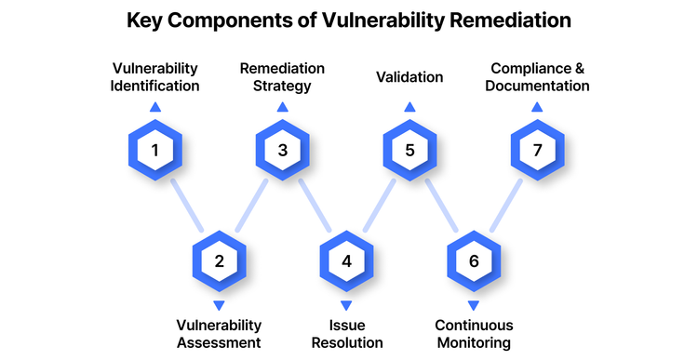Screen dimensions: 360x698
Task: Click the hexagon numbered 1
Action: click(x=154, y=150)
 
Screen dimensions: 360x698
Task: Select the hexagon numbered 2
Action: click(x=219, y=261)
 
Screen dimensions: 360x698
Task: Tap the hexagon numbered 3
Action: click(x=282, y=150)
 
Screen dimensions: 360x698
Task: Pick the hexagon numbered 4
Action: click(x=346, y=261)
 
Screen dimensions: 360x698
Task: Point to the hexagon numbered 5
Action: click(x=409, y=150)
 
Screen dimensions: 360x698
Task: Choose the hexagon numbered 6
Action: click(x=474, y=261)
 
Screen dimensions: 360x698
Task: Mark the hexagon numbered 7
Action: click(x=538, y=150)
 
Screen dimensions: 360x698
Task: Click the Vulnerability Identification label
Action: click(x=155, y=76)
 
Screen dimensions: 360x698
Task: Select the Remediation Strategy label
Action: click(x=283, y=76)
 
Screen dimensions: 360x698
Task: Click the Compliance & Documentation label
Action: click(x=539, y=76)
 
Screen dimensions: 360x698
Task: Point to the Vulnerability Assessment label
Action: click(x=219, y=334)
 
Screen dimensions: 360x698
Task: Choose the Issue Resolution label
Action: click(x=346, y=334)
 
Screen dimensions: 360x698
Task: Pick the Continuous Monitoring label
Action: click(x=474, y=334)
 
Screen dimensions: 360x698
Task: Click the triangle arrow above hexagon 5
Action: click(x=409, y=108)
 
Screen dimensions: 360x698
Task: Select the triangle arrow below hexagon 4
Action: click(x=346, y=304)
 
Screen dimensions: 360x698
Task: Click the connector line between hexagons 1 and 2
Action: click(x=187, y=206)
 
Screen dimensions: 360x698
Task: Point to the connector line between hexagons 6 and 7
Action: click(x=506, y=206)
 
